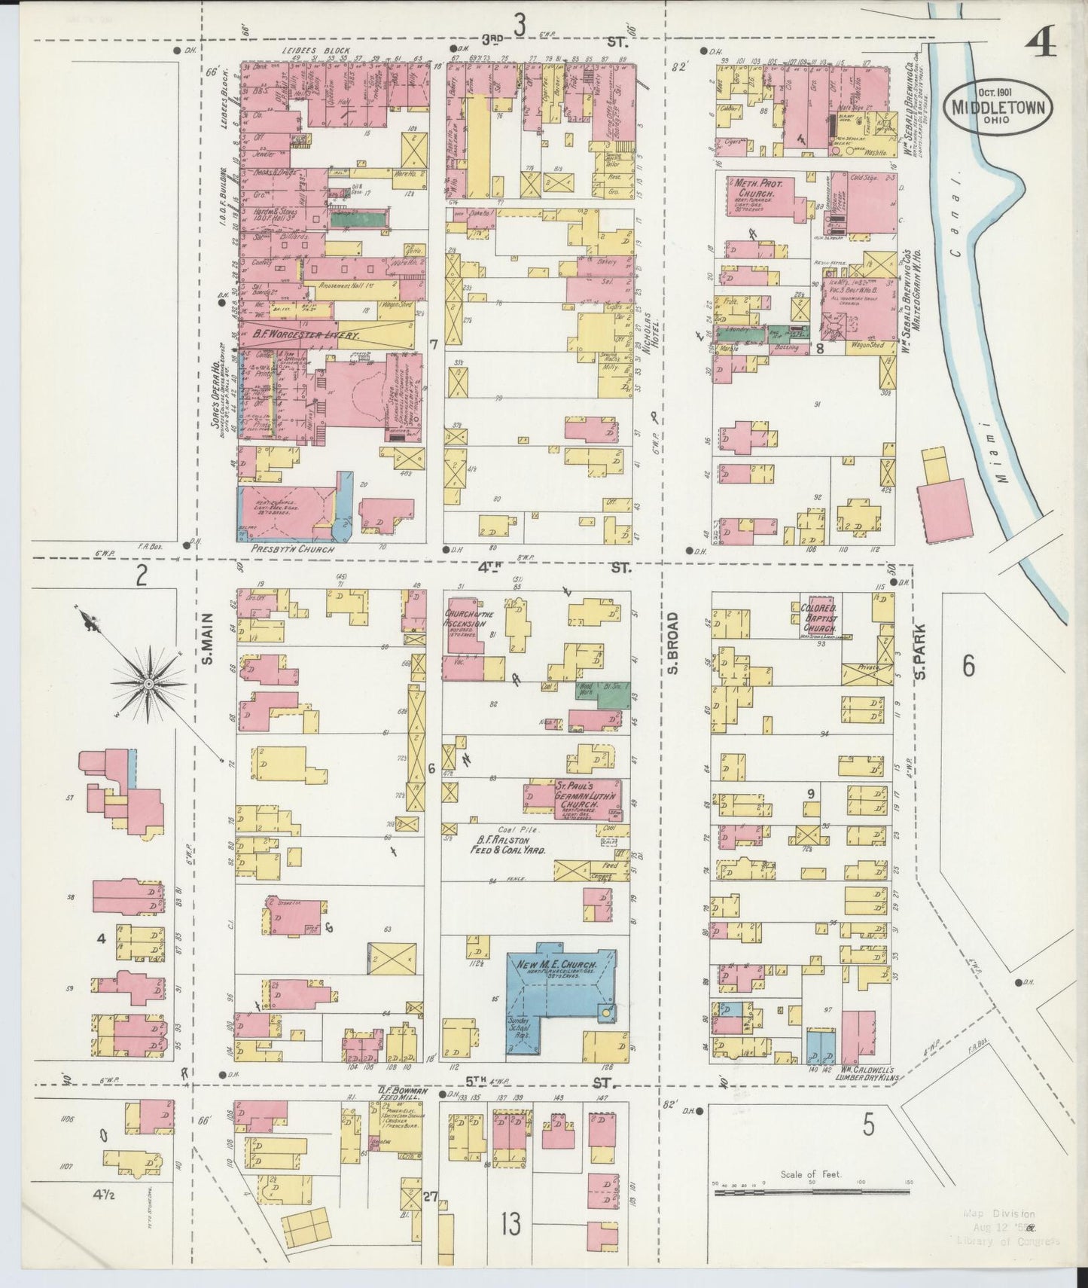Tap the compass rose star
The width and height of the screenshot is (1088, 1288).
pos(149,683)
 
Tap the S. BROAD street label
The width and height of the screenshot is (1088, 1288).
pos(674,643)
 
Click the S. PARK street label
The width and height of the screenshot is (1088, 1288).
pos(919,646)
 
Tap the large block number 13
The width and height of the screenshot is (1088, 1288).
pos(511,1224)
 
